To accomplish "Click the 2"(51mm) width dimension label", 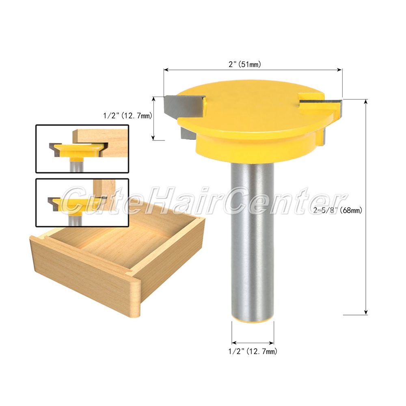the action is click(x=245, y=64).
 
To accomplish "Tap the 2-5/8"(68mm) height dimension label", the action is click(x=338, y=210).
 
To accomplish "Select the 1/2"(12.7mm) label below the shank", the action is click(x=253, y=351).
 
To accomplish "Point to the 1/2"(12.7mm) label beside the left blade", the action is click(x=127, y=115).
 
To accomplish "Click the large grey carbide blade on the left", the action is click(x=184, y=106).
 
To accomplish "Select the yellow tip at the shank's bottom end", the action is click(x=253, y=321).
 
